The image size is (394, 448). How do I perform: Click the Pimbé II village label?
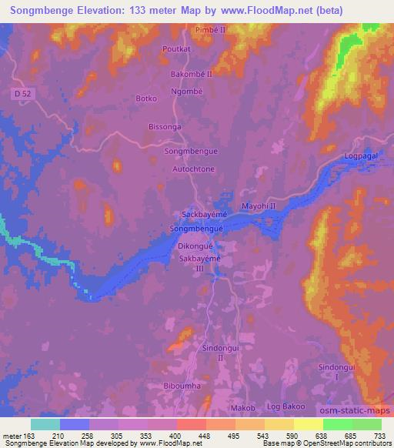click(209, 29)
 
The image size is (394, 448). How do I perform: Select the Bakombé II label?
click(191, 73)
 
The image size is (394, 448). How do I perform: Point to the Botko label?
click(146, 99)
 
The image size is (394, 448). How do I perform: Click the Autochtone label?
click(193, 168)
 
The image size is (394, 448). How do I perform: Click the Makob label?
click(243, 406)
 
